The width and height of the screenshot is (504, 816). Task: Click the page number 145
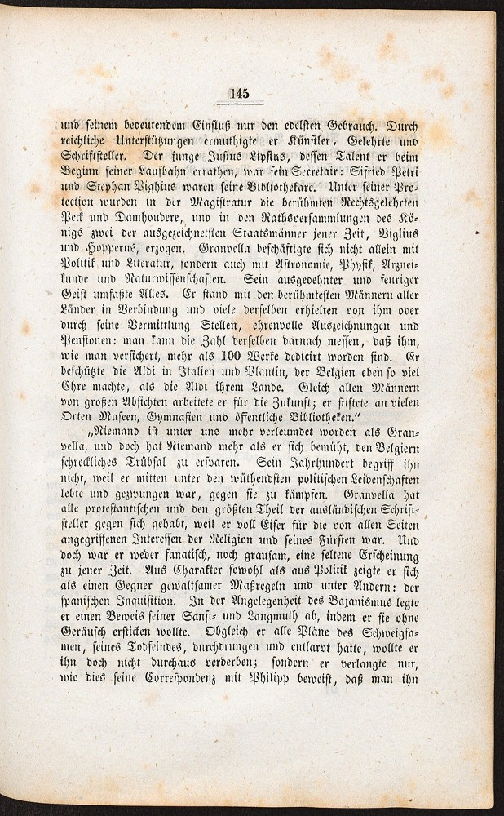(x=240, y=91)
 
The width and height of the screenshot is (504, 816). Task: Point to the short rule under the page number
(x=240, y=104)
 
